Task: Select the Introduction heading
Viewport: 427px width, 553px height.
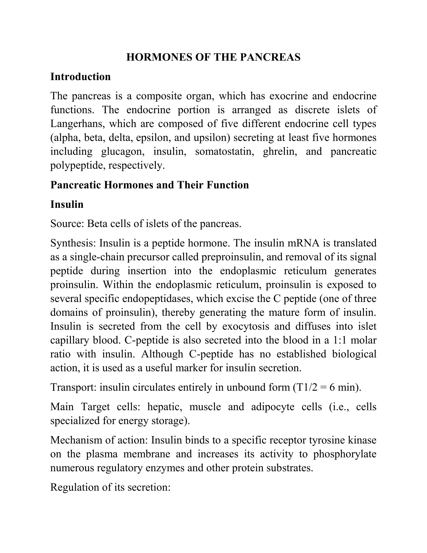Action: click(x=80, y=77)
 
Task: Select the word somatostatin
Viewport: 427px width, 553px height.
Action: click(x=224, y=152)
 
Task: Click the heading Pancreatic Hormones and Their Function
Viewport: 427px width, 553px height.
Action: click(x=149, y=185)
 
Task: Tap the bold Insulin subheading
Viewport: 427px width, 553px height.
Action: click(x=67, y=204)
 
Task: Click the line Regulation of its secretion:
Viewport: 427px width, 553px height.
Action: click(x=110, y=487)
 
